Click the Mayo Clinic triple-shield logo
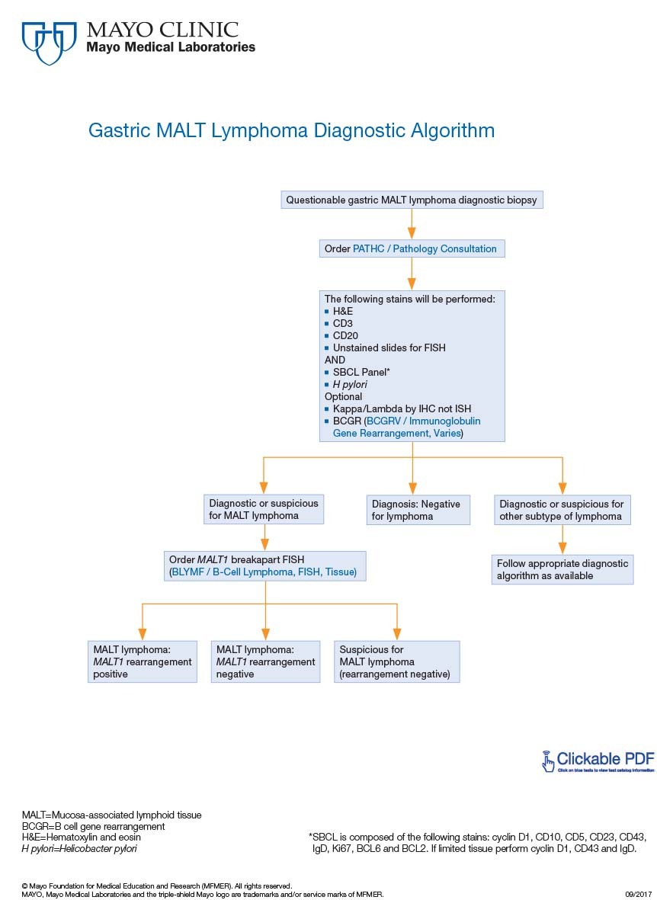click(50, 43)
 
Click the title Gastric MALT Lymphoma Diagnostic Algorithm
click(291, 130)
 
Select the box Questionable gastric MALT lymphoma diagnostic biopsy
click(412, 200)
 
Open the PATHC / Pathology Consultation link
click(425, 248)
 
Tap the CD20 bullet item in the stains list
click(345, 335)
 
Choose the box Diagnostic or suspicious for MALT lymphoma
click(264, 510)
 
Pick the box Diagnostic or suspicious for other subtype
click(562, 510)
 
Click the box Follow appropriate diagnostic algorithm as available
click(562, 569)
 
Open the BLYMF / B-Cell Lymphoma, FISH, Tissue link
click(263, 572)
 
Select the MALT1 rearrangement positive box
click(143, 661)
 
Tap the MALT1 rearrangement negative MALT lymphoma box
click(265, 661)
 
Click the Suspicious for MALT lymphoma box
click(397, 661)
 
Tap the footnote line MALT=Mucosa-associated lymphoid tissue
click(111, 815)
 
